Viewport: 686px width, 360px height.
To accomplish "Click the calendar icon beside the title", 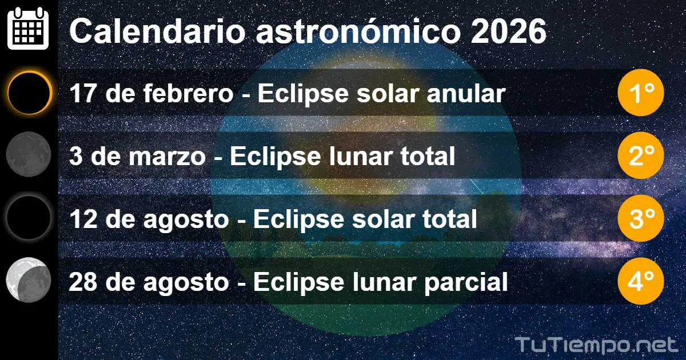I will tap(28, 29).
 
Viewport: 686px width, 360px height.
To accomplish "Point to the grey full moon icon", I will tap(29, 154).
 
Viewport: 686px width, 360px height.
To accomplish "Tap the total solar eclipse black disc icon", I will tap(29, 217).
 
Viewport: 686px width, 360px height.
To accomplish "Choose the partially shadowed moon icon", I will tap(29, 281).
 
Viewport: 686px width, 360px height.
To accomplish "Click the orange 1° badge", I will tap(640, 93).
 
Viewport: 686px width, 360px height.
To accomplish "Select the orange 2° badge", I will tap(640, 155).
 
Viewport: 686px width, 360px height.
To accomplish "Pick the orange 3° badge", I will tap(640, 218).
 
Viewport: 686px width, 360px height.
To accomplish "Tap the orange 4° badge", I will tap(640, 281).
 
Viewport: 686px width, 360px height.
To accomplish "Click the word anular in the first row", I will tap(473, 94).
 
